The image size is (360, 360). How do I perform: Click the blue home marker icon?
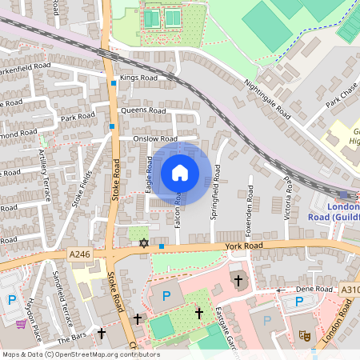[180, 173]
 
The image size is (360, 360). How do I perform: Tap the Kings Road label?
[134, 78]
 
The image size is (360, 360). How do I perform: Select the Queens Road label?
[142, 110]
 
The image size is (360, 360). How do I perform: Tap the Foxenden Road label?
[250, 203]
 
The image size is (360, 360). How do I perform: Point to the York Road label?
[244, 247]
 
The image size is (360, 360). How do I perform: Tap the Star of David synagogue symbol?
[145, 242]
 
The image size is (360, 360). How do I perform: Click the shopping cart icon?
[21, 324]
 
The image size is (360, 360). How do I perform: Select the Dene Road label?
[314, 289]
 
